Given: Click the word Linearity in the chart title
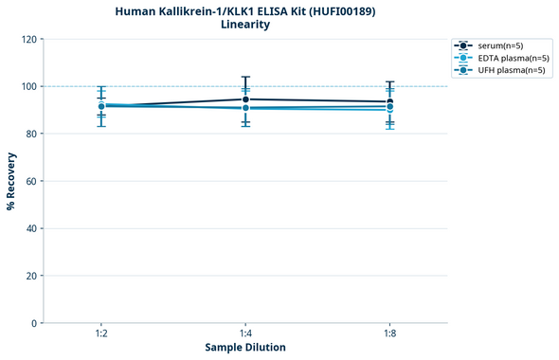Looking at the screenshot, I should click(245, 25).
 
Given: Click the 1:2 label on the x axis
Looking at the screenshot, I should click(101, 334).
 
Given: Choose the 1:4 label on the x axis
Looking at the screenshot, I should click(245, 334).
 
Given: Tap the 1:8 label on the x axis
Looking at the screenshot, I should click(389, 334).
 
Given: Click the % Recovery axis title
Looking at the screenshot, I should click(11, 180).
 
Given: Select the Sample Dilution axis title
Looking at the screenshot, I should click(245, 348).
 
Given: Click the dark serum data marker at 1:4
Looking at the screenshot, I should click(245, 99).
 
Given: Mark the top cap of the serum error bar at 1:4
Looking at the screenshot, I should click(245, 77).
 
